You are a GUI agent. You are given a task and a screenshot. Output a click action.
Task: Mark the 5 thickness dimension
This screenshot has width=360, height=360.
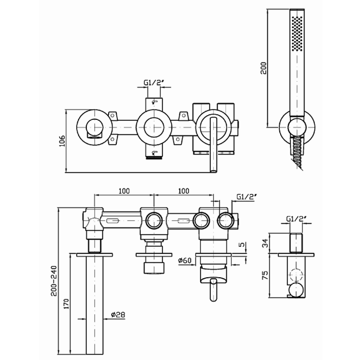tap(241, 245)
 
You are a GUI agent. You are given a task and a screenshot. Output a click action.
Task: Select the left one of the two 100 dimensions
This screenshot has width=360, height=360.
tap(123, 191)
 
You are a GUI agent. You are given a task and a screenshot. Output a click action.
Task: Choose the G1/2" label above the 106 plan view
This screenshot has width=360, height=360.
tap(153, 82)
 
